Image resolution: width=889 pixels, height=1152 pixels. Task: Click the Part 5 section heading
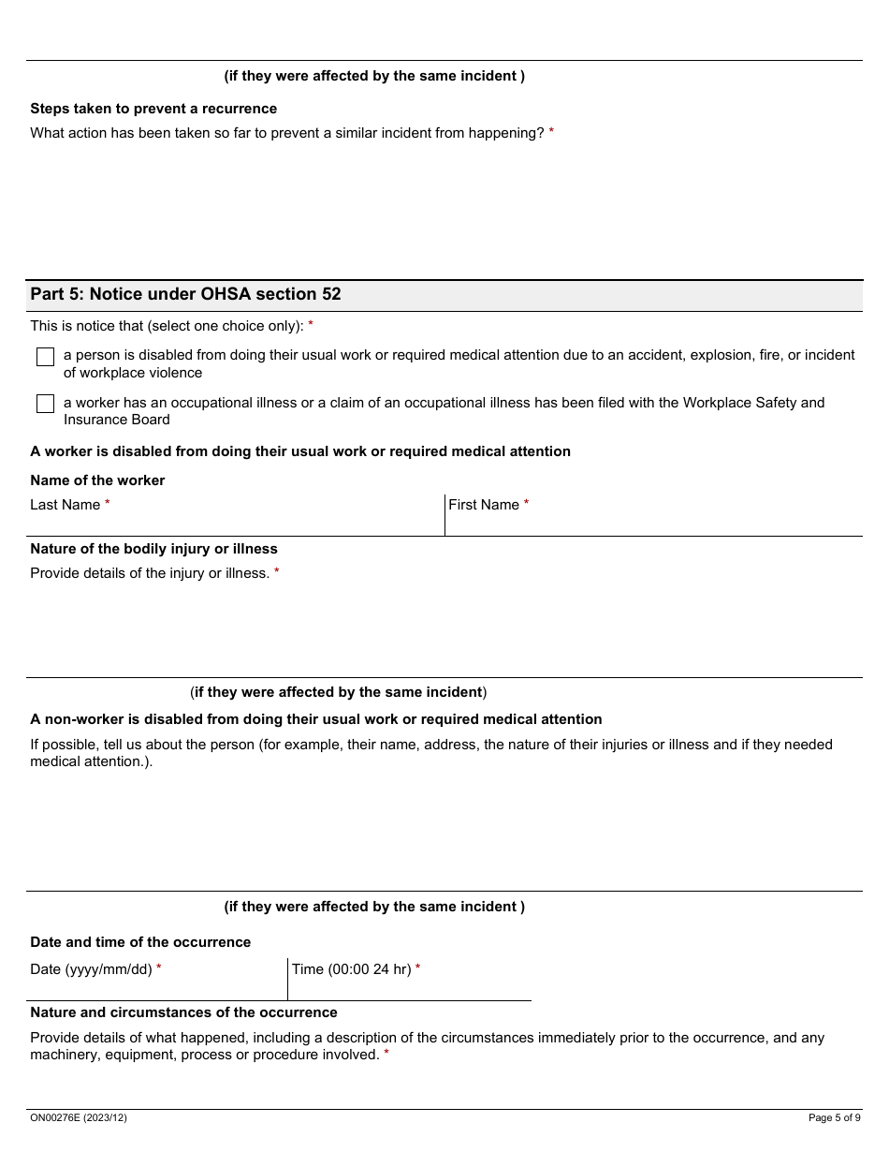click(185, 294)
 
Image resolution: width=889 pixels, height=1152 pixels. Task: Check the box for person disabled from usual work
click(45, 357)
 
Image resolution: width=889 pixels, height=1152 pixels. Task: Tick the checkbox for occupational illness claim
click(45, 404)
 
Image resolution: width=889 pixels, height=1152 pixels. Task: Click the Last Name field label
click(65, 505)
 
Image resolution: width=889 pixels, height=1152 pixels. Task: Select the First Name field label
click(483, 505)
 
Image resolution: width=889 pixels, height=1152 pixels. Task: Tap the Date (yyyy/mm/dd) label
click(91, 969)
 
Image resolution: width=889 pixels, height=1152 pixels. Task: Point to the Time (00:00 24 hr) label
click(351, 969)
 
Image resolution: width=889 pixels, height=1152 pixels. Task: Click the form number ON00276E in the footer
click(78, 1117)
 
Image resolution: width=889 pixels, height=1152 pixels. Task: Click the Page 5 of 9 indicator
click(834, 1117)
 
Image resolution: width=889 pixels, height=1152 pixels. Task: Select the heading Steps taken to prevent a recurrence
click(153, 109)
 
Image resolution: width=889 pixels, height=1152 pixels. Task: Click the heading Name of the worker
click(97, 480)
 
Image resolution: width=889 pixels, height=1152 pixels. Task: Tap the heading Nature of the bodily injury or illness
click(153, 549)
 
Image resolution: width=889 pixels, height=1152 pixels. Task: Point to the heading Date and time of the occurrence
click(140, 942)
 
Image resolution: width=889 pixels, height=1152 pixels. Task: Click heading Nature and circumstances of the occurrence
click(183, 1012)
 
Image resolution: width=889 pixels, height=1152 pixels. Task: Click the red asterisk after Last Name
click(108, 504)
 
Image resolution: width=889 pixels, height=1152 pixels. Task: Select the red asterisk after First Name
click(526, 504)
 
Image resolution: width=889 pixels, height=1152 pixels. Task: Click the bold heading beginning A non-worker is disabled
click(315, 719)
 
